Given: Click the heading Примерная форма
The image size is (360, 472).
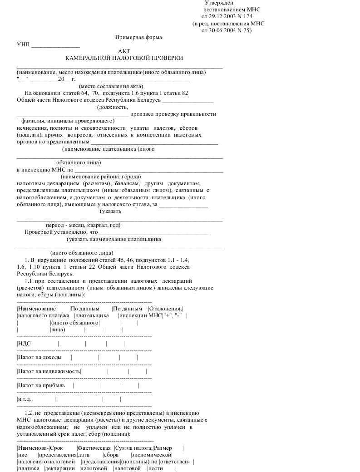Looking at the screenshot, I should pyautogui.click(x=139, y=38).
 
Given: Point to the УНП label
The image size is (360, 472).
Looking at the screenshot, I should pyautogui.click(x=23, y=44).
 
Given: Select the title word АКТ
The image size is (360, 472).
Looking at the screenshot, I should pyautogui.click(x=124, y=51).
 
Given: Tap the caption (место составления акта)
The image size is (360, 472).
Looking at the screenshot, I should pyautogui.click(x=111, y=86).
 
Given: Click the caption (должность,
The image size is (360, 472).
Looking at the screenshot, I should pyautogui.click(x=113, y=108).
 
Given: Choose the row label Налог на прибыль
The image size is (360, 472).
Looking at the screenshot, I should pyautogui.click(x=38, y=385).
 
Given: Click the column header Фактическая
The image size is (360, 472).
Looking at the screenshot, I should pyautogui.click(x=94, y=448).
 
